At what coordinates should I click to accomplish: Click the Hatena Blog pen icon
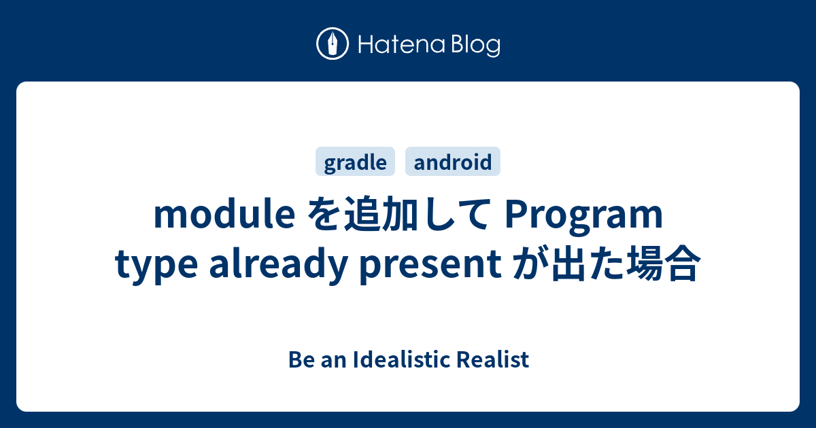[333, 45]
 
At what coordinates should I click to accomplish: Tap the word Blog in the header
[474, 45]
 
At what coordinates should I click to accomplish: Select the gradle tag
[356, 162]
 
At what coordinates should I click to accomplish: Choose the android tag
[453, 162]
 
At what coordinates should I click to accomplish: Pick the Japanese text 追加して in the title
[411, 215]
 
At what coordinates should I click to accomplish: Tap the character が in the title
[526, 265]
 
